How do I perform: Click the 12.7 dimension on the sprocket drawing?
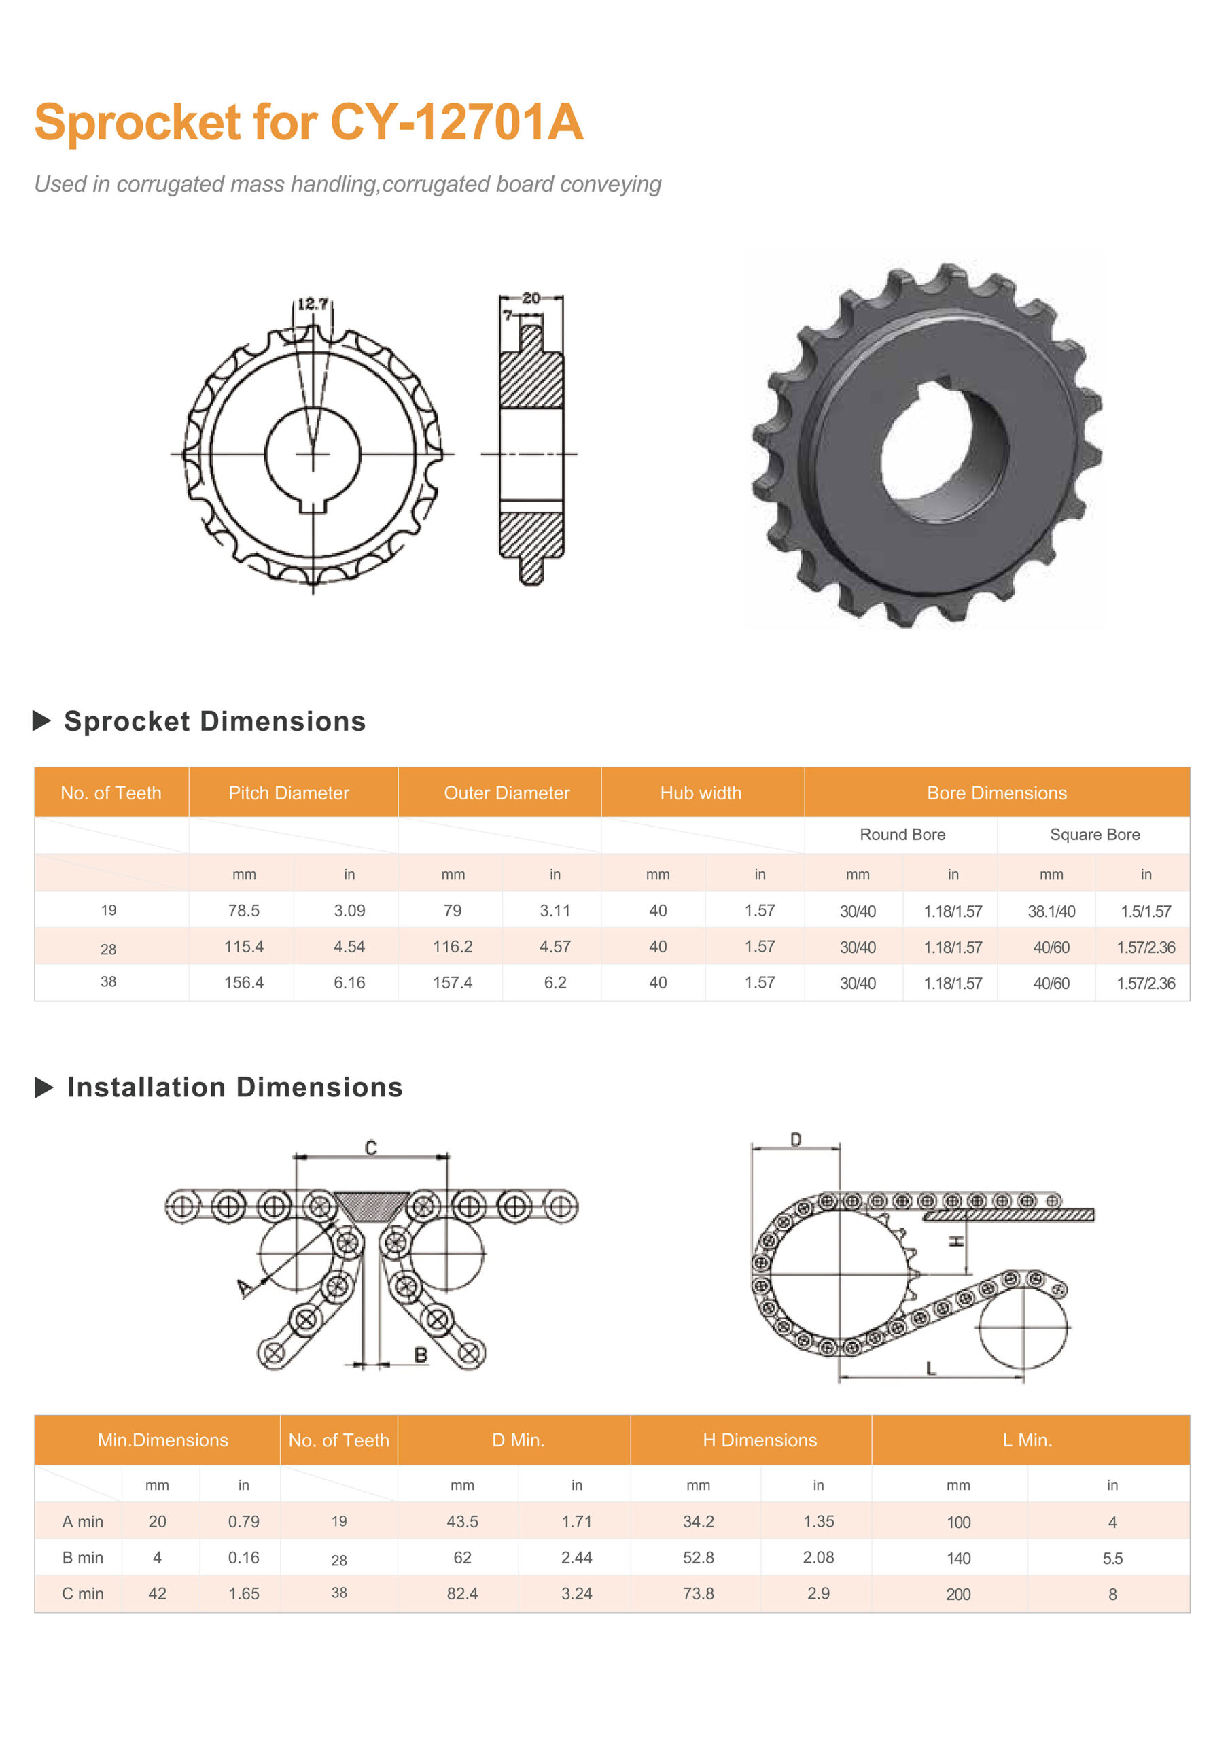click(x=312, y=304)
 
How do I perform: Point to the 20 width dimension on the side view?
click(x=531, y=298)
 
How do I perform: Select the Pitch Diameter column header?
click(x=289, y=793)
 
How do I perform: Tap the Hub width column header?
click(x=701, y=793)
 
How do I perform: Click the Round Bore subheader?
click(x=902, y=835)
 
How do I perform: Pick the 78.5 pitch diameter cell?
click(x=244, y=910)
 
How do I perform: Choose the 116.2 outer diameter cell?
click(x=453, y=947)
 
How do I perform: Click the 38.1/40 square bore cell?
click(x=1051, y=911)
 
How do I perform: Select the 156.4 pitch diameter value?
click(x=244, y=982)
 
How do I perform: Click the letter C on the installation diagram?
click(x=370, y=1147)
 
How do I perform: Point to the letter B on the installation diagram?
click(x=421, y=1354)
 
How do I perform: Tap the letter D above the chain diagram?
click(x=796, y=1139)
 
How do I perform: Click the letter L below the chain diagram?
click(x=930, y=1368)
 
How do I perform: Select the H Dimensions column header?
click(x=760, y=1440)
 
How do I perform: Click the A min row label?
click(x=83, y=1521)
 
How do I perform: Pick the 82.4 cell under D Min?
click(x=462, y=1593)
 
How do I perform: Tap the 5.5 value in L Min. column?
click(x=1112, y=1558)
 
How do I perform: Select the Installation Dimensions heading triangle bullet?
click(x=44, y=1087)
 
